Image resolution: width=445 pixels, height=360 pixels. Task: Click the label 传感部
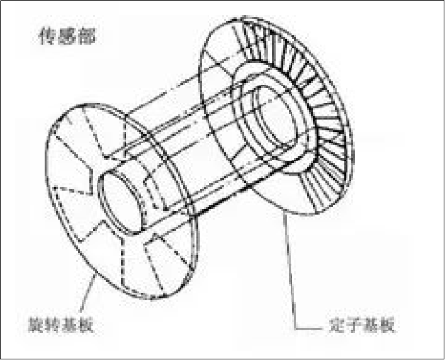[x=65, y=37]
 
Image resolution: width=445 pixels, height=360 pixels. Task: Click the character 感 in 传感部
[x=65, y=37]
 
